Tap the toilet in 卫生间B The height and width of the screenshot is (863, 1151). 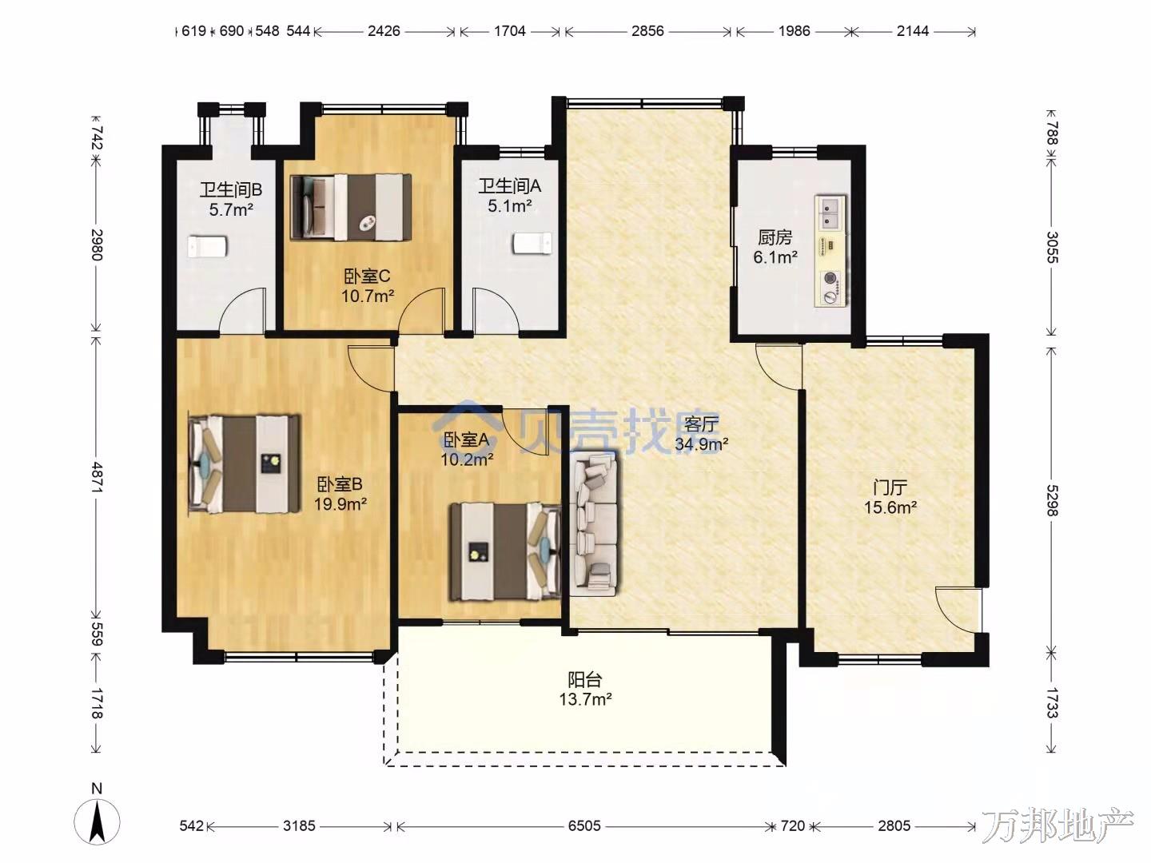point(207,246)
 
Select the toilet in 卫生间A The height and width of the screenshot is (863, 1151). point(533,244)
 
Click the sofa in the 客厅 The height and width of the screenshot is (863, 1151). point(594,524)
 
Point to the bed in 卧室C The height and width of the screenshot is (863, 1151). point(351,208)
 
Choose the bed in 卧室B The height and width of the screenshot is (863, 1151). point(245,464)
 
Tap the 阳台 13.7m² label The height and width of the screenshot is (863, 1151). point(585,690)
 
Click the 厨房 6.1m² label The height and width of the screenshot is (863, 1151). point(775,248)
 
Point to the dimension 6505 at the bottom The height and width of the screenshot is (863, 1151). point(584,825)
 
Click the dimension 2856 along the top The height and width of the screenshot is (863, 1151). point(647,31)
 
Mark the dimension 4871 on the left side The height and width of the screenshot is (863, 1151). point(97,477)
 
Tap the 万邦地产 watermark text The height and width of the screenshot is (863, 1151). point(1057,826)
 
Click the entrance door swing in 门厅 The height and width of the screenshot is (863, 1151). point(957,611)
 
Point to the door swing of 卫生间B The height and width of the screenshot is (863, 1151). point(241,310)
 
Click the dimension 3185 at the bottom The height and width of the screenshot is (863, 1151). point(299,825)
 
